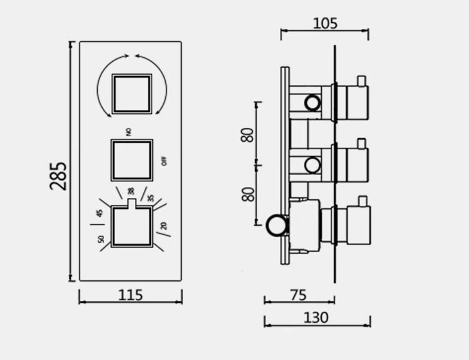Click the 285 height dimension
click(58, 175)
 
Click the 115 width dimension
click(130, 296)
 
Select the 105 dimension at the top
click(325, 24)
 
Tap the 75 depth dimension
click(298, 295)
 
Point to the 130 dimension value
click(315, 318)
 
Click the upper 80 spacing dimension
click(248, 135)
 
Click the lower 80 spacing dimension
click(248, 194)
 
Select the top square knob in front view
click(132, 94)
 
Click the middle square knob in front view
click(132, 159)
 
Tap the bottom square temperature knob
click(132, 226)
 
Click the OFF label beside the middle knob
click(164, 161)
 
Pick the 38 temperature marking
click(131, 191)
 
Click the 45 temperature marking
click(100, 213)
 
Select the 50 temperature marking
click(101, 239)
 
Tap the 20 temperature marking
click(164, 226)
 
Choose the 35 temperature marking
click(151, 197)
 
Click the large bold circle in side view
click(277, 225)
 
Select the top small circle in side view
click(312, 102)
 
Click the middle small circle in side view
click(312, 165)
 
